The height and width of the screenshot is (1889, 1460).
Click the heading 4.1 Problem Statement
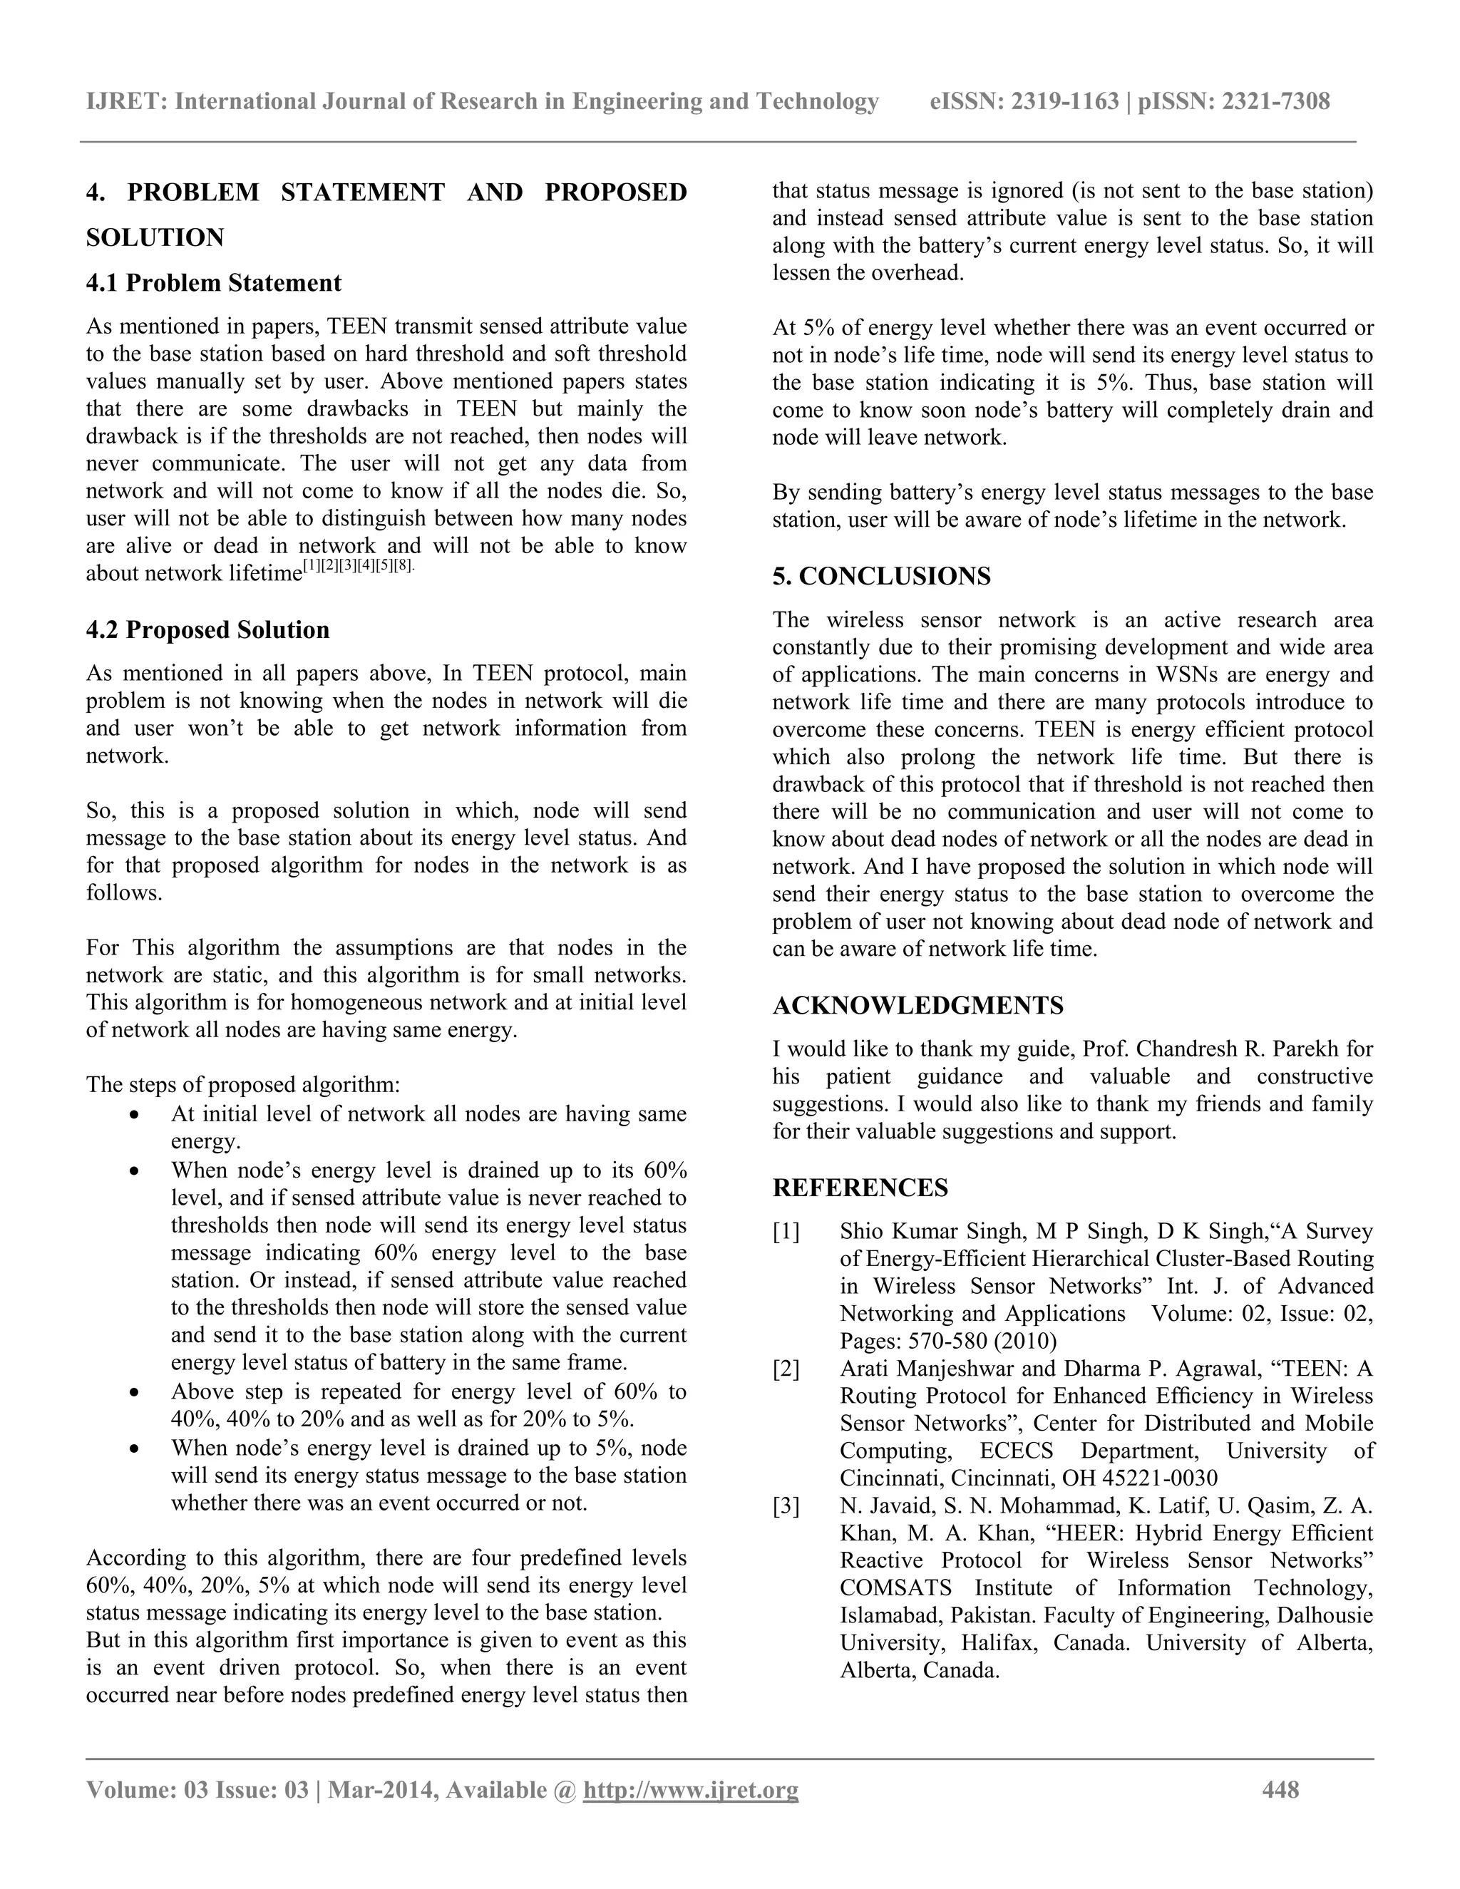214,283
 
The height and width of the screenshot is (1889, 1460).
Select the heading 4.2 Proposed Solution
207,629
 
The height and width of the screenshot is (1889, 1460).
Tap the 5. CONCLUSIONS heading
881,576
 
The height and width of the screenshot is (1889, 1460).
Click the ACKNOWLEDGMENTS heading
917,1005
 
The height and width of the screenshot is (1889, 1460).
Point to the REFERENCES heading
860,1188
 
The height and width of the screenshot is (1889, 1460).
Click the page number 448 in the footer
1280,1789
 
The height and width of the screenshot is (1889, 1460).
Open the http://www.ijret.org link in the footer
690,1789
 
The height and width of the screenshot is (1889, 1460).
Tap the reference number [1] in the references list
786,1232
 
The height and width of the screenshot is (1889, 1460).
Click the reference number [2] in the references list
786,1369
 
